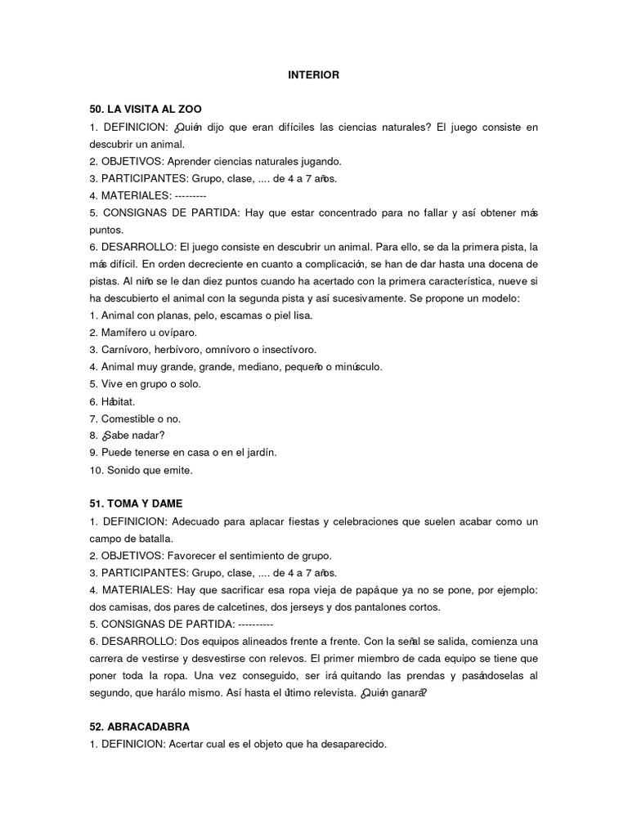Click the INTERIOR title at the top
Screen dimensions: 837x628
(x=313, y=75)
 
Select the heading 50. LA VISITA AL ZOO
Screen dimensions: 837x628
(x=146, y=109)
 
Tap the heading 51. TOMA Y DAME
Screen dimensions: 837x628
(x=136, y=504)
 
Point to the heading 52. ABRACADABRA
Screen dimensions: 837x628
(x=140, y=726)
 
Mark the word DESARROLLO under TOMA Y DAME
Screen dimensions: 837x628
(x=139, y=642)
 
